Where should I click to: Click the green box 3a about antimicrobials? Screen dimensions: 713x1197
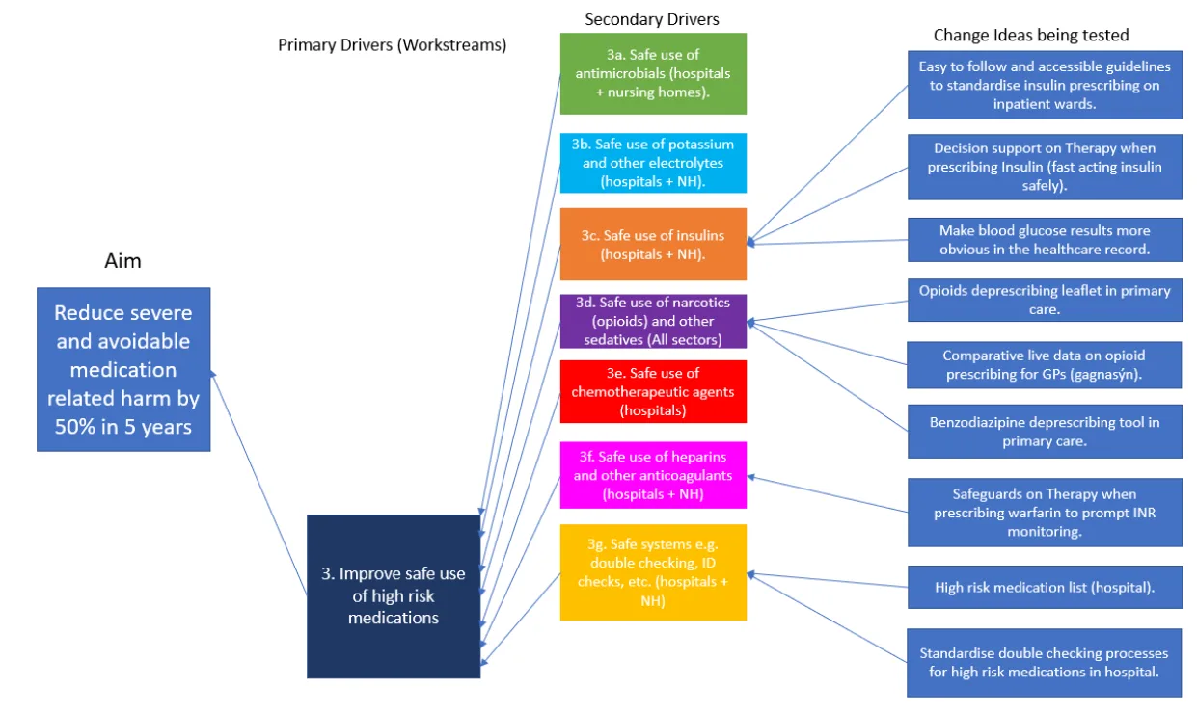[x=653, y=73]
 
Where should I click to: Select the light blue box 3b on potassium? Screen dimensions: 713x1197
[x=653, y=163]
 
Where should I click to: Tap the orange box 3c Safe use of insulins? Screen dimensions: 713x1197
[x=653, y=245]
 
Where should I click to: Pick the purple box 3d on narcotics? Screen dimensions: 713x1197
[x=653, y=321]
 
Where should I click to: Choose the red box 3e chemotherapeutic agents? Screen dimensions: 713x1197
[x=653, y=391]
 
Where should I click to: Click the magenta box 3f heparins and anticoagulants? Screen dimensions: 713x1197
[x=653, y=475]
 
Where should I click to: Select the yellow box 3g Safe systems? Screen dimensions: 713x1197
[x=653, y=572]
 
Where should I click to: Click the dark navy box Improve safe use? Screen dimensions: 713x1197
[x=393, y=595]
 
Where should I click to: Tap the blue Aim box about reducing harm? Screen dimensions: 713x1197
[x=123, y=369]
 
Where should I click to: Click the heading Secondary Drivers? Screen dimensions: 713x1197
[x=652, y=18]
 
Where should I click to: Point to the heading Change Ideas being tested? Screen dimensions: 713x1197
[x=1031, y=35]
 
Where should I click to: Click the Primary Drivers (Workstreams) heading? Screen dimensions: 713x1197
[x=392, y=44]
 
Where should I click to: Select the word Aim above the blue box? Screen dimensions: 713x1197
[x=122, y=261]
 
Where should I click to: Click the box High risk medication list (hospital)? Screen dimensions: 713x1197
[x=1045, y=587]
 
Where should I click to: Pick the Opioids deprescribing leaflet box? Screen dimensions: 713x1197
[x=1045, y=300]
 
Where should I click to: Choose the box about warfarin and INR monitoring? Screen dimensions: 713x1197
[x=1045, y=513]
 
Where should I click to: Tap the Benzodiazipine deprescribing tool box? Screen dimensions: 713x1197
[x=1045, y=431]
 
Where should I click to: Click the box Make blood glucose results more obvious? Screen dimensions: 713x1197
[x=1045, y=240]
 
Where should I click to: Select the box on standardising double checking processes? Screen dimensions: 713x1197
[x=1045, y=662]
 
